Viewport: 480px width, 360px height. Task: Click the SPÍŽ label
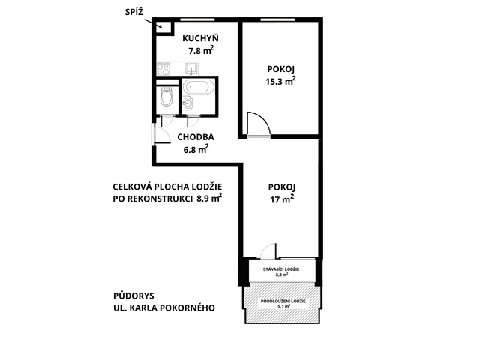coord(134,12)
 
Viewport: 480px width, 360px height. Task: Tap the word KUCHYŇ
coord(200,38)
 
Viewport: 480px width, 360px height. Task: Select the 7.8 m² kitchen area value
coord(201,50)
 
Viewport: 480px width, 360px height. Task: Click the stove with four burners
coord(163,68)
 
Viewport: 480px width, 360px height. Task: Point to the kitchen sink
coord(192,68)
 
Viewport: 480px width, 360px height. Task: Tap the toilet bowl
coord(166,97)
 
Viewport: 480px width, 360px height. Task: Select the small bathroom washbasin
coord(187,103)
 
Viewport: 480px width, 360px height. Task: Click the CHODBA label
coord(196,137)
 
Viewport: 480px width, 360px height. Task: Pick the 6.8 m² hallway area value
coord(196,150)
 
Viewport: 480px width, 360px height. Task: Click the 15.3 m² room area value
coord(280,82)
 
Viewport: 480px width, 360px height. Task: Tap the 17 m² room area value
coord(282,199)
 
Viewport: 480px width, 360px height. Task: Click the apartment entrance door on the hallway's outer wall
coord(160,135)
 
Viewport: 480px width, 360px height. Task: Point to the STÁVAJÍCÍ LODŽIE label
coord(281,269)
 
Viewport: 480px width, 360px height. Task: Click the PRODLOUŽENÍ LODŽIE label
coord(283,301)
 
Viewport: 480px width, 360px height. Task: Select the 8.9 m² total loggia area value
coord(210,198)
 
